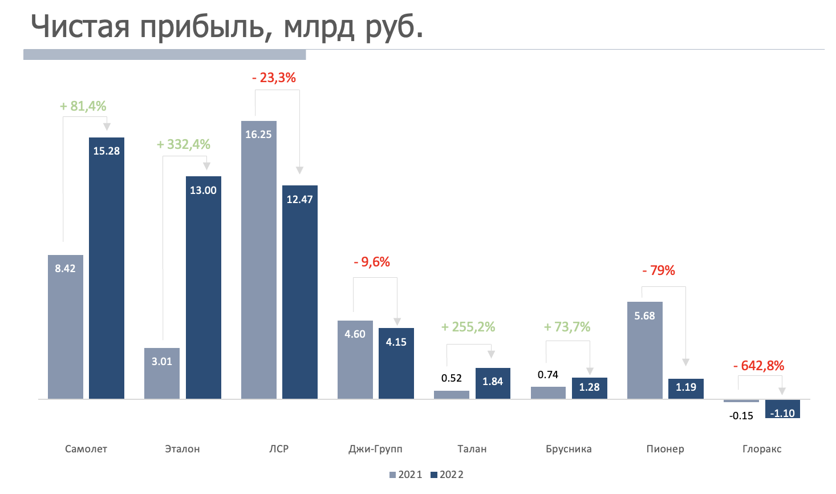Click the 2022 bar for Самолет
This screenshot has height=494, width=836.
[107, 274]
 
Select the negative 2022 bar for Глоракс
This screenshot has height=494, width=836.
[782, 408]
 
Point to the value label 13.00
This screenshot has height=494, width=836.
[203, 191]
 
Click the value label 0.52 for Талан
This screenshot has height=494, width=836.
[452, 378]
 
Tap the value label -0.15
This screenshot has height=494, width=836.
[741, 416]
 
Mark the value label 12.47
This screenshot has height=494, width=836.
[299, 200]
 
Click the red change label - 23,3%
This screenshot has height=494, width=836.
[274, 78]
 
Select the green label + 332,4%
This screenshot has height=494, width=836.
[184, 144]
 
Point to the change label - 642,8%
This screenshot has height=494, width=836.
[758, 366]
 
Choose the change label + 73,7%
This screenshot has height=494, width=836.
[567, 327]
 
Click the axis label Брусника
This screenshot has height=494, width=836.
[569, 449]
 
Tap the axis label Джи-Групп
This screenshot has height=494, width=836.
[375, 449]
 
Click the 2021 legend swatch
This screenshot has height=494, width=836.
[392, 475]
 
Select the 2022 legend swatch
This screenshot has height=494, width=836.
[433, 475]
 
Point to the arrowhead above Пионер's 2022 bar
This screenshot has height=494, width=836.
[686, 362]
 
